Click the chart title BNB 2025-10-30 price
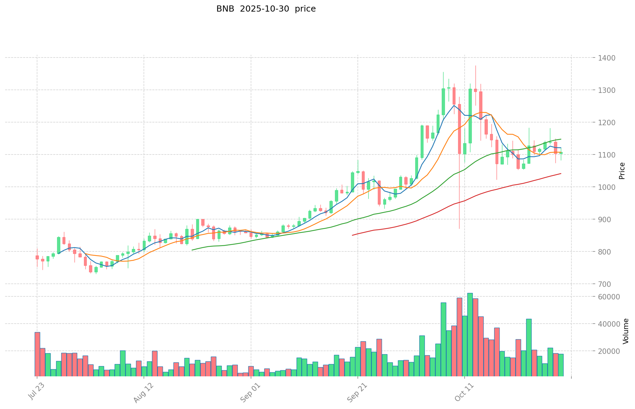[266, 9]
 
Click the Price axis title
[622, 171]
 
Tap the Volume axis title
[625, 331]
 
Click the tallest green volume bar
[470, 333]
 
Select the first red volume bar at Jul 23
[37, 354]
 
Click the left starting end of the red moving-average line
[353, 235]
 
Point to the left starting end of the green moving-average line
[193, 250]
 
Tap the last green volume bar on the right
[561, 365]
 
